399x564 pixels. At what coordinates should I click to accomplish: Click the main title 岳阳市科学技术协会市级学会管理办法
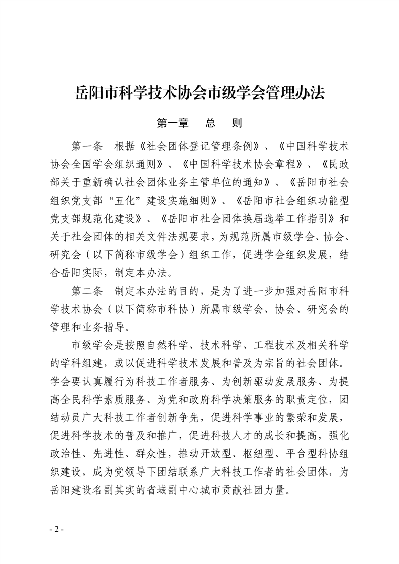tap(199, 93)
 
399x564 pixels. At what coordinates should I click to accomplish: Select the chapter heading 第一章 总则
tap(199, 123)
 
